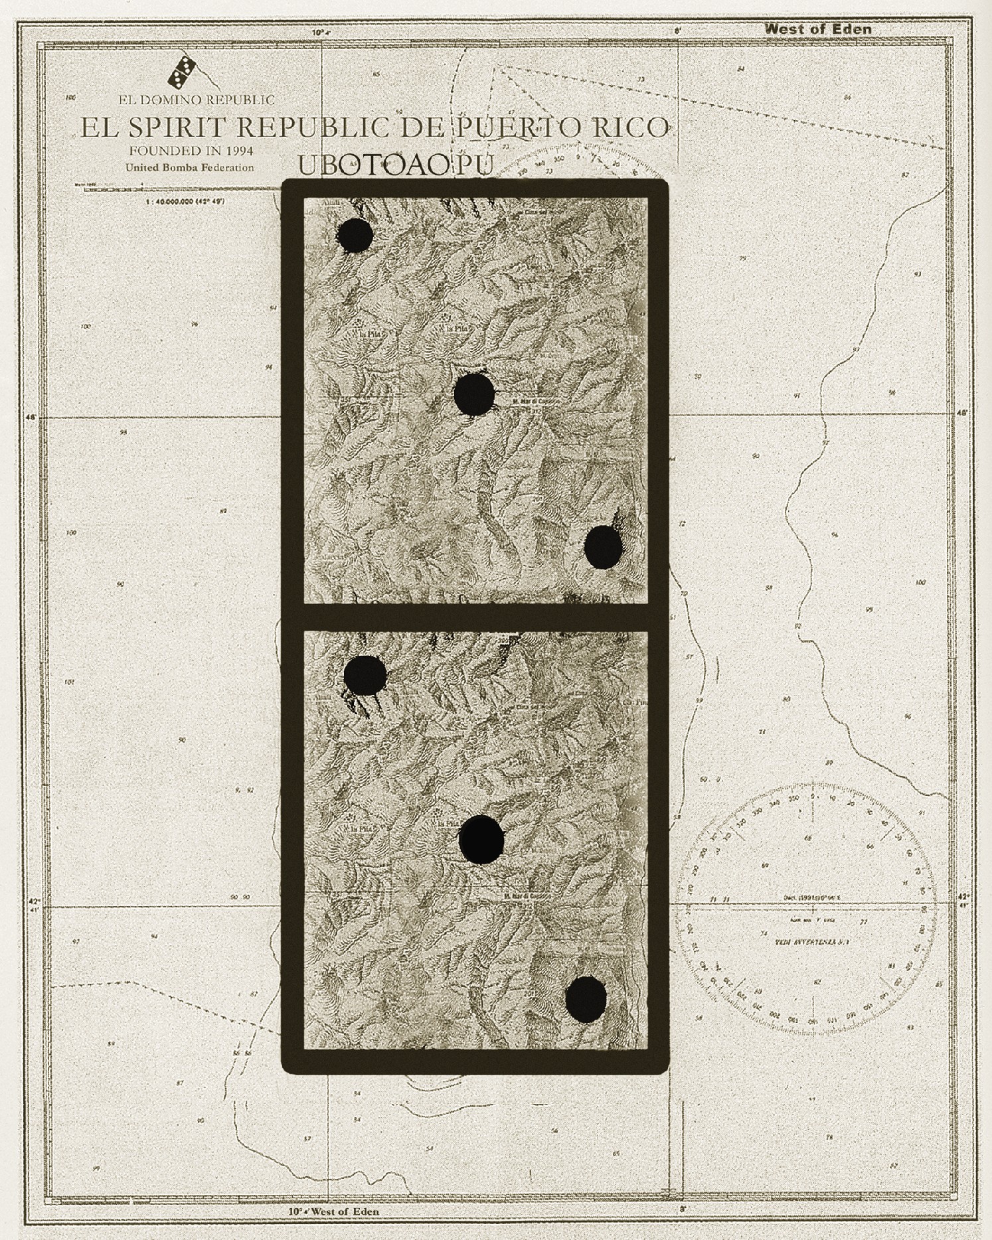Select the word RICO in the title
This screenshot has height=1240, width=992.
[631, 127]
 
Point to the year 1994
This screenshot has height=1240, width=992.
[236, 150]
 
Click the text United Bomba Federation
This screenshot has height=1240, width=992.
[189, 167]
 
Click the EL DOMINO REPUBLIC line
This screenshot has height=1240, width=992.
[196, 100]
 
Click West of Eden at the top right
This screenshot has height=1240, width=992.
[817, 29]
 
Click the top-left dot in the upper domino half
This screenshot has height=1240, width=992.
[355, 234]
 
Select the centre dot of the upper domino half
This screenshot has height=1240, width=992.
[474, 394]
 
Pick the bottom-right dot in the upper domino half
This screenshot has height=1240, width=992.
[603, 546]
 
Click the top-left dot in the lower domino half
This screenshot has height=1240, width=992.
[365, 675]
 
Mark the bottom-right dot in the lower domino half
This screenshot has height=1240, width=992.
[586, 998]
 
